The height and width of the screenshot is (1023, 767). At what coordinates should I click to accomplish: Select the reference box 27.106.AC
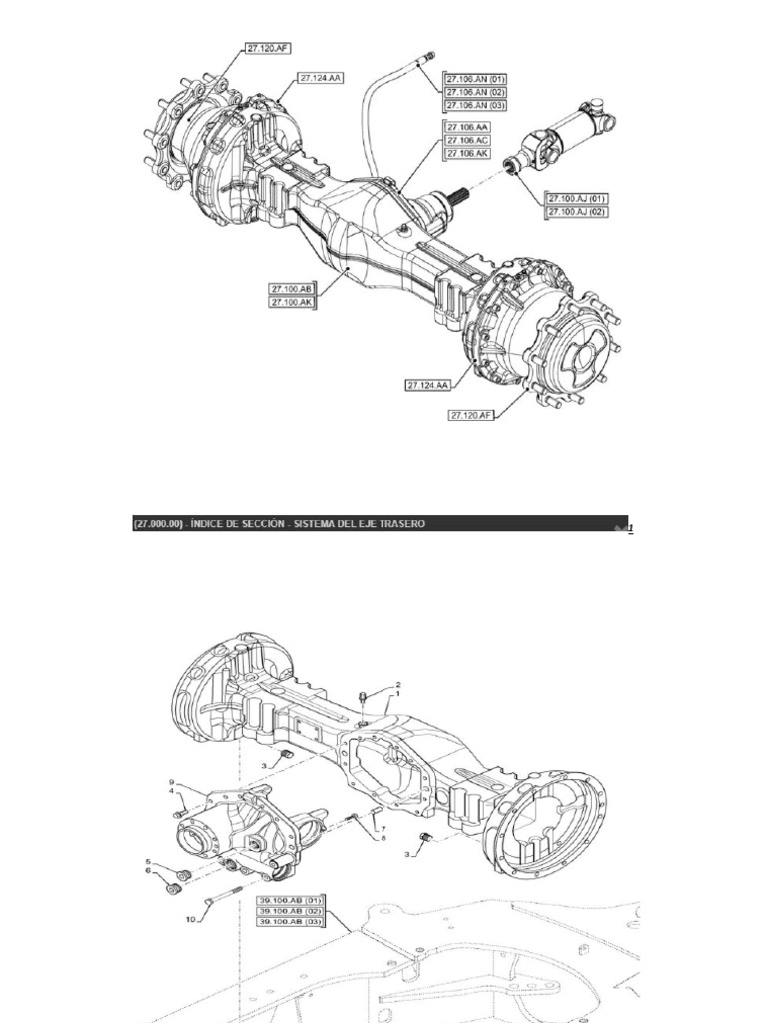(x=467, y=141)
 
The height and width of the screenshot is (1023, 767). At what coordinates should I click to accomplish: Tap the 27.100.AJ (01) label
(x=576, y=198)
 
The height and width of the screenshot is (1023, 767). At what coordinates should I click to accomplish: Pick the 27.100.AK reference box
(x=292, y=301)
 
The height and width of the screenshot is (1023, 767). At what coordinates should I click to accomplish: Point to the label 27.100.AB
(x=292, y=288)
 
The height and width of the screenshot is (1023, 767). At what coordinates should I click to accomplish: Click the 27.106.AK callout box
(x=467, y=153)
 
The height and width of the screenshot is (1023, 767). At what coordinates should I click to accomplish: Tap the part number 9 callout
(x=171, y=781)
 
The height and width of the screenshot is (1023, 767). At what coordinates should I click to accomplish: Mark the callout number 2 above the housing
(x=398, y=684)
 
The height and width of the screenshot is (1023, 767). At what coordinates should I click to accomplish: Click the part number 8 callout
(x=383, y=839)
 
